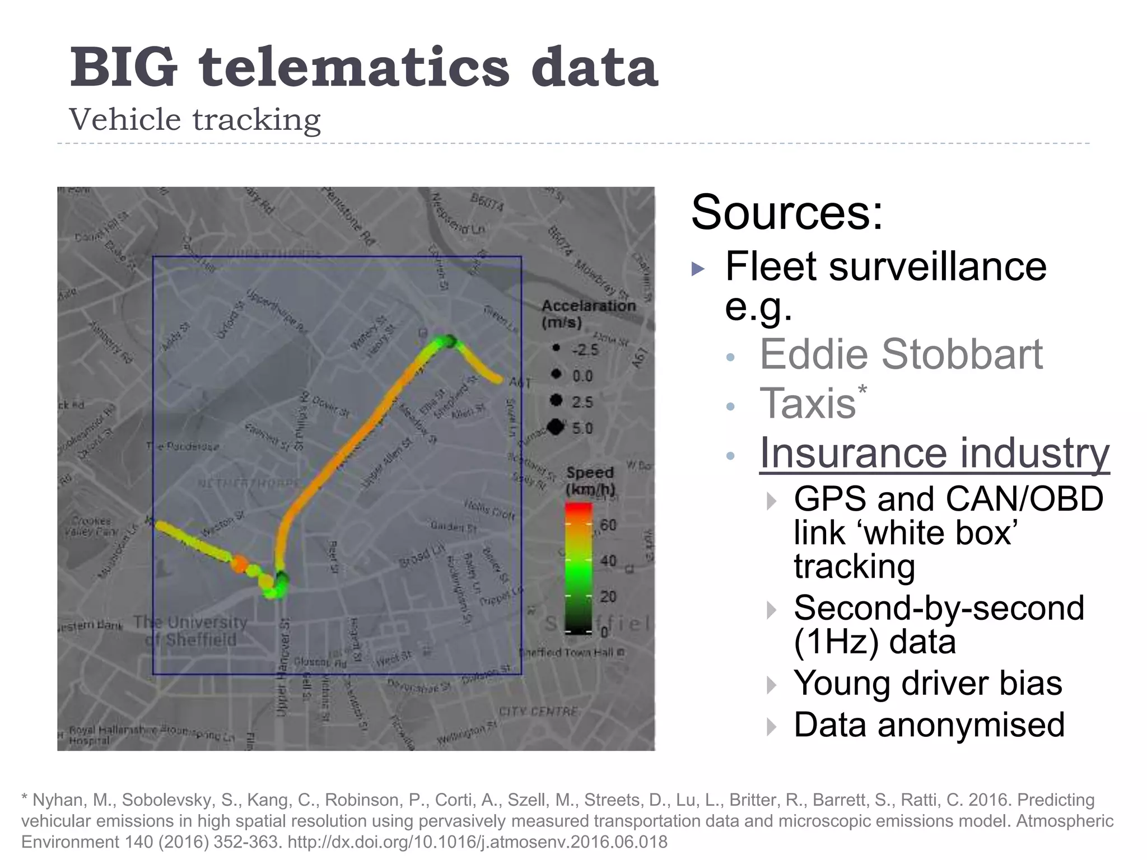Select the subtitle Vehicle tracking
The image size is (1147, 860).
pos(194,119)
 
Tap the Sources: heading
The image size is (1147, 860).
pos(787,212)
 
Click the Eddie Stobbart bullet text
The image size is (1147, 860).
pos(901,354)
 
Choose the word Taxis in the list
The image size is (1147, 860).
pos(808,403)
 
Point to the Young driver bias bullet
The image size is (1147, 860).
pos(927,684)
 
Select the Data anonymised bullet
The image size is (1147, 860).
pos(929,725)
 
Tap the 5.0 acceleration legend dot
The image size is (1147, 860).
pos(556,427)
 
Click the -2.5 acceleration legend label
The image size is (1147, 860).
pos(585,350)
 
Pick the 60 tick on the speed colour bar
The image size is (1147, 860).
pos(608,525)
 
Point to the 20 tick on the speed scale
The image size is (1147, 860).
pos(608,596)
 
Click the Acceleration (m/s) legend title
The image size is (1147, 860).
pos(588,314)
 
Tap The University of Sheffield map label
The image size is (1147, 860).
pos(190,630)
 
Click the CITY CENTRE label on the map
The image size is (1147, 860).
pos(538,712)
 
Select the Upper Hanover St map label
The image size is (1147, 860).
pos(283,666)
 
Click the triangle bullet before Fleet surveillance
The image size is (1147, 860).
pos(698,269)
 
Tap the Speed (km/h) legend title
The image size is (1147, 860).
pos(590,480)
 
